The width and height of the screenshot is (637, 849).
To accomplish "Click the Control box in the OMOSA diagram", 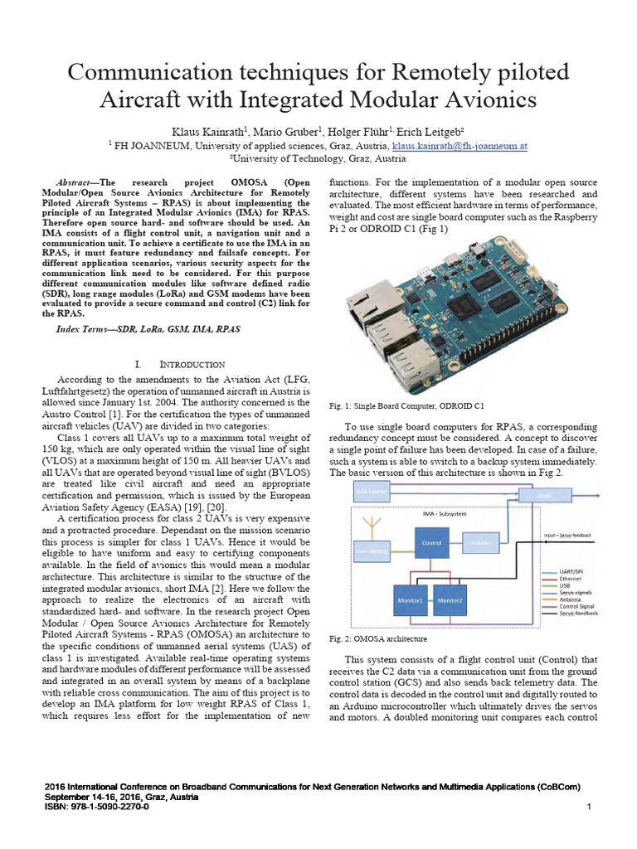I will coord(430,543).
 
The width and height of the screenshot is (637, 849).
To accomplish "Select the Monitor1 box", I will coord(409,599).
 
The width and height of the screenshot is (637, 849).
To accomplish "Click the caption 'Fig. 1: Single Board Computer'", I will coord(406,406).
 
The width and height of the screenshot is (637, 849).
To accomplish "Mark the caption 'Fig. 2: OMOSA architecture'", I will coord(377,639).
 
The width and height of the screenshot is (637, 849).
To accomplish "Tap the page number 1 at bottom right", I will coord(588,807).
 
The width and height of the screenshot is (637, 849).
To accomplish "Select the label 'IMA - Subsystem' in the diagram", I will coord(449,513).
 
